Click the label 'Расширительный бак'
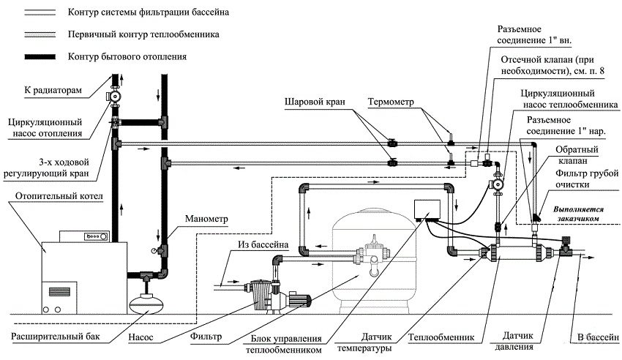(x=56, y=337)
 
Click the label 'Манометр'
(x=207, y=219)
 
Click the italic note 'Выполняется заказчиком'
(x=578, y=213)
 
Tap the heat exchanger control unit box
(x=424, y=211)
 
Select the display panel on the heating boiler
(x=96, y=238)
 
